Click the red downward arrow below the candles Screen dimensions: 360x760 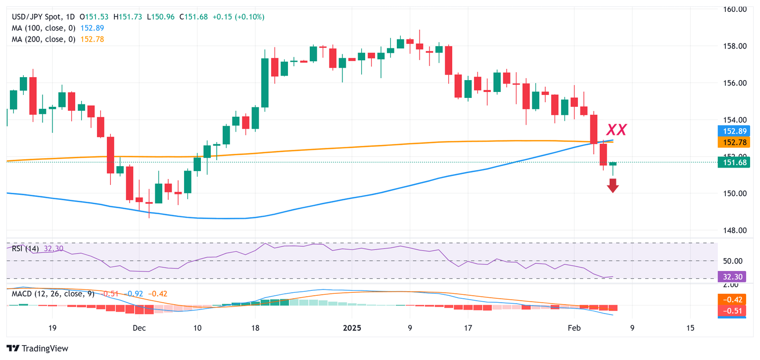click(x=613, y=185)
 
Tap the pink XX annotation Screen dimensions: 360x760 click(x=617, y=130)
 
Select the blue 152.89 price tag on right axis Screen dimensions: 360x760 click(x=731, y=132)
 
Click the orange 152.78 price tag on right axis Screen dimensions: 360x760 click(x=731, y=142)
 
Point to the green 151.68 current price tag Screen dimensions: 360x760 click(x=731, y=162)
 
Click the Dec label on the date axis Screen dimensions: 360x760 click(x=139, y=328)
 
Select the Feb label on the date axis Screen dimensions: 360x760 click(x=573, y=328)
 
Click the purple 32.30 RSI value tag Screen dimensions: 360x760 click(x=731, y=277)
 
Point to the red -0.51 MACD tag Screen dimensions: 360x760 click(x=731, y=311)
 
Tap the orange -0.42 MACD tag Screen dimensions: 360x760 click(x=731, y=300)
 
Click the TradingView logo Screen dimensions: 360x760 click(x=38, y=348)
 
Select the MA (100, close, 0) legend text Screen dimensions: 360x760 click(x=44, y=28)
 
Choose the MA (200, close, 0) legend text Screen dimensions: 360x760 click(x=44, y=39)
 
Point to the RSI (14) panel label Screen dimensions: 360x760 click(x=25, y=249)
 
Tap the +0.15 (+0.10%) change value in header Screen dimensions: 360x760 click(x=238, y=17)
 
